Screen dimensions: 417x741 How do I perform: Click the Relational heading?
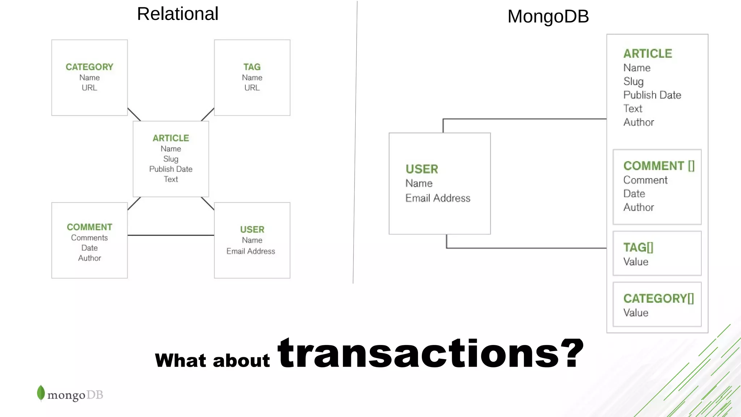point(177,14)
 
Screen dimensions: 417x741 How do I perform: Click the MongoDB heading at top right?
point(548,17)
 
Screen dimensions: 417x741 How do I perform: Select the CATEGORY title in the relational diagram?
point(89,67)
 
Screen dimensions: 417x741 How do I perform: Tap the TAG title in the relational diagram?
point(252,67)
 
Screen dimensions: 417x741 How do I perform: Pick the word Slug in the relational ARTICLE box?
point(171,159)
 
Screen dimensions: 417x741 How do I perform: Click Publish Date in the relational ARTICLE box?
point(171,169)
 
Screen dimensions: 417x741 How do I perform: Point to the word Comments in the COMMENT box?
point(89,238)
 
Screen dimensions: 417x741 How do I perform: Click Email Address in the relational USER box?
point(251,251)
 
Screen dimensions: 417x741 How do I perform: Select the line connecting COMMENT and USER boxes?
point(171,235)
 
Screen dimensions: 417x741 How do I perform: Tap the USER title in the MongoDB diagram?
point(422,169)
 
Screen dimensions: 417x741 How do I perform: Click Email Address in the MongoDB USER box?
point(438,198)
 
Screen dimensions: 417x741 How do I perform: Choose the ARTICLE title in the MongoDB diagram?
point(648,54)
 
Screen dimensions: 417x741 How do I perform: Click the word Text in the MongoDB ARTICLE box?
point(633,109)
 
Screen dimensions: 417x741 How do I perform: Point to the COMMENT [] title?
point(659,166)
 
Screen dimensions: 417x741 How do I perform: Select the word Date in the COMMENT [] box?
point(634,194)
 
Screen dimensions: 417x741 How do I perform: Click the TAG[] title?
point(638,248)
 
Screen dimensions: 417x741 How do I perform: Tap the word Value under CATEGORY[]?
point(636,313)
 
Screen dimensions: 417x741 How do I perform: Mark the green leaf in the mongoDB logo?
point(41,393)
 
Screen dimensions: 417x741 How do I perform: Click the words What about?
point(212,361)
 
